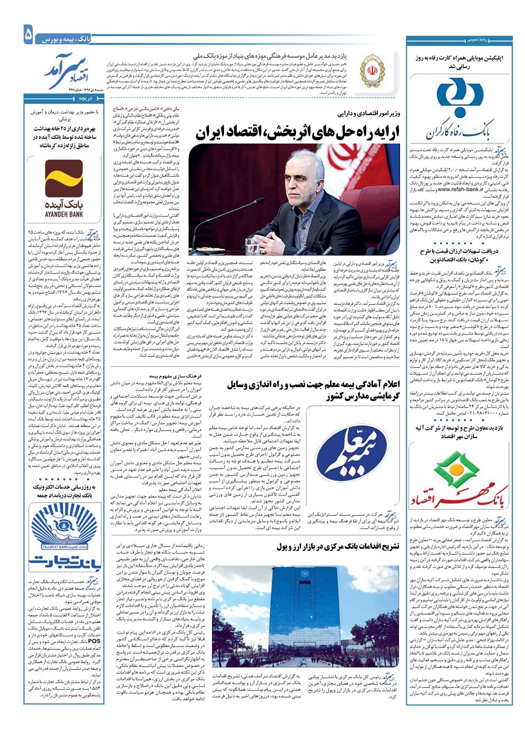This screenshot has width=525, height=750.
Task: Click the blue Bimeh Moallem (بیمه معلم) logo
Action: click(x=361, y=453)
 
